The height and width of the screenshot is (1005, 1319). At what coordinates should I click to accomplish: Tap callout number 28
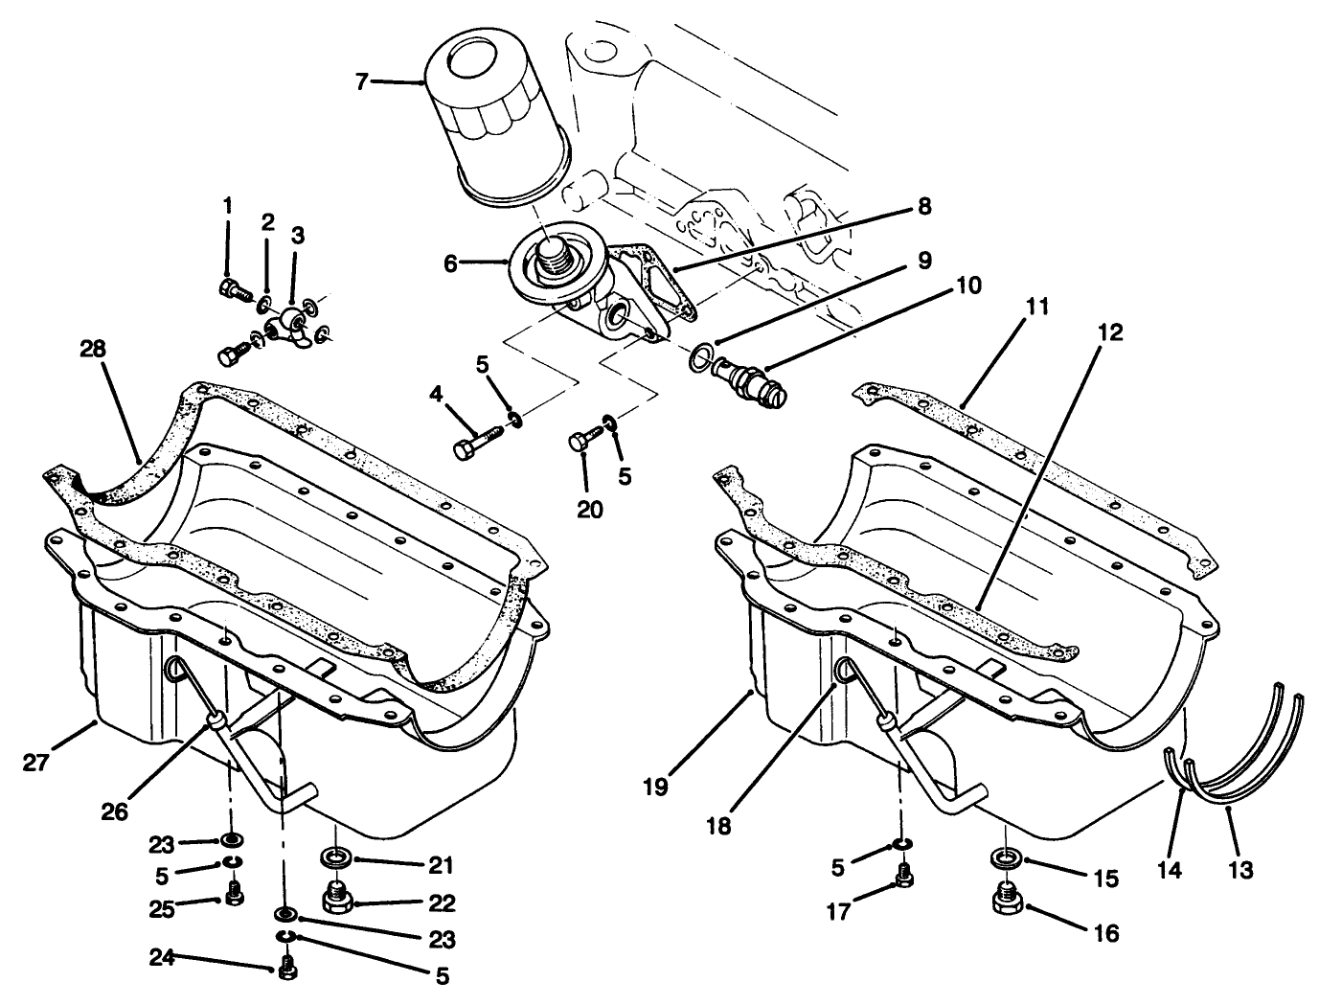tap(93, 348)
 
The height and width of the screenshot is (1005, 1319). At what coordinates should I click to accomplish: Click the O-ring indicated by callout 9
tap(700, 359)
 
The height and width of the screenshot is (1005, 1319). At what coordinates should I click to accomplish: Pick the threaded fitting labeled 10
tap(752, 381)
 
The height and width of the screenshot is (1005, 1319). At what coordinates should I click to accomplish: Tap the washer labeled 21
tap(334, 857)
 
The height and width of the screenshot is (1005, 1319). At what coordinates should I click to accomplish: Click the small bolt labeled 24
tap(286, 970)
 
